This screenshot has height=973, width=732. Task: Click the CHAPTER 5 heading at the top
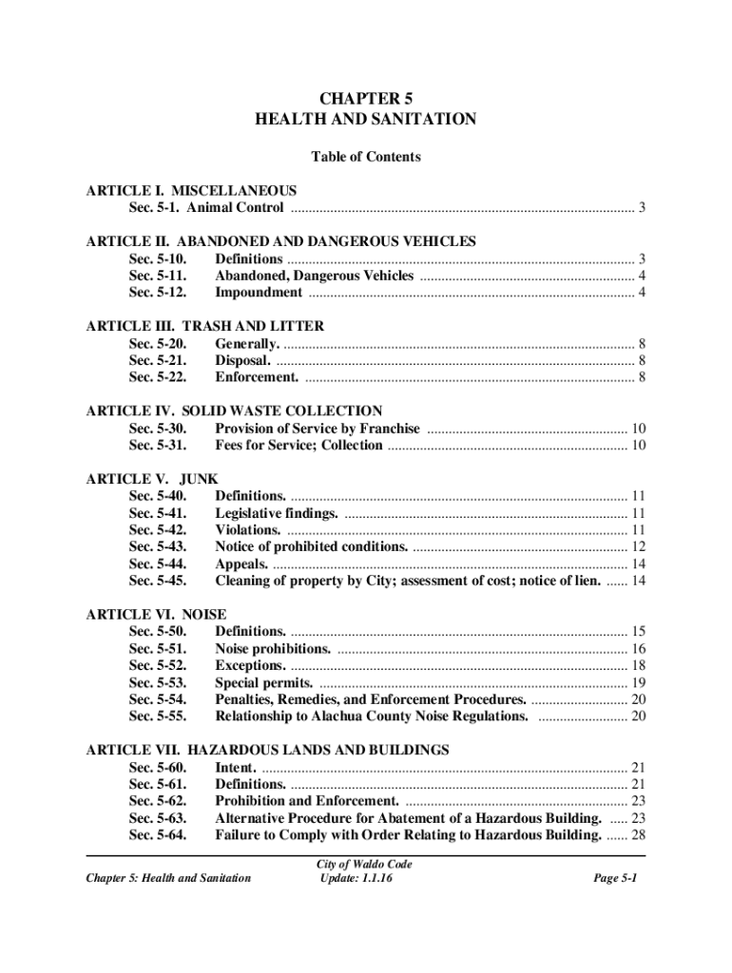366,97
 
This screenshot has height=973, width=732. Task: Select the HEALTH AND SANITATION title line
366,120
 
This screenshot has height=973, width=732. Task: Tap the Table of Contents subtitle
366,157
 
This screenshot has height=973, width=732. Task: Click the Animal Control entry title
235,208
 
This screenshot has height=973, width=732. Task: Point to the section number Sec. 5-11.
158,276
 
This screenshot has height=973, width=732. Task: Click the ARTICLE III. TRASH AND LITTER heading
204,326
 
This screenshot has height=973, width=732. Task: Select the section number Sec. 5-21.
158,360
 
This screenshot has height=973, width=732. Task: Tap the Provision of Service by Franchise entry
318,429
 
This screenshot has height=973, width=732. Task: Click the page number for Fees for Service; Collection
639,446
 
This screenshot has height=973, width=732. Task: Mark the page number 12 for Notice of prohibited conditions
639,546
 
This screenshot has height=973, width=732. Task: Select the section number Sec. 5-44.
158,563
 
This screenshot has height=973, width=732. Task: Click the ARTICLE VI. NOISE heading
156,615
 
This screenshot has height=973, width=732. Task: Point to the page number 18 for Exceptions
639,665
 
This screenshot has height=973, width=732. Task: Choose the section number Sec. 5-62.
158,801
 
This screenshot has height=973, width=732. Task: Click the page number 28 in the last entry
639,835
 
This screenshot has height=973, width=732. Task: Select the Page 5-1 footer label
615,878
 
